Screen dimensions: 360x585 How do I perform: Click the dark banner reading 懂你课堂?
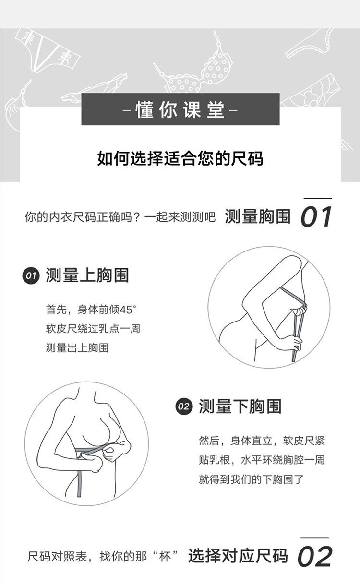tap(180, 109)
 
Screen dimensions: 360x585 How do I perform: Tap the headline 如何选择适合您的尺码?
tap(180, 158)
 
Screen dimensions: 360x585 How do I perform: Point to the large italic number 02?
tap(314, 557)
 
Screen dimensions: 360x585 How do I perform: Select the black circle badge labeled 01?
tap(31, 275)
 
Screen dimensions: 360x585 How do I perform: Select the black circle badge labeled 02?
tap(184, 406)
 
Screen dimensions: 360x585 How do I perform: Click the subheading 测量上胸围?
tap(87, 275)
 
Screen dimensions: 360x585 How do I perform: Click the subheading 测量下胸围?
tap(240, 406)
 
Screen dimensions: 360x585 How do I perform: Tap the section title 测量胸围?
tap(258, 216)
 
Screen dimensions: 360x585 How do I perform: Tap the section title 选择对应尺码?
tap(238, 556)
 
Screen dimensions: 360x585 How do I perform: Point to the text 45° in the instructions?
tap(128, 310)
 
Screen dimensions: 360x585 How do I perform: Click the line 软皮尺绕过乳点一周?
tap(93, 329)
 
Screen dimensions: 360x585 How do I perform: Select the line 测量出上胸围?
tap(77, 348)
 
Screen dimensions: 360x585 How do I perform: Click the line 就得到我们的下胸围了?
tap(251, 479)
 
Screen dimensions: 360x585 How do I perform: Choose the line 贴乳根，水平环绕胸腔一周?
tap(262, 460)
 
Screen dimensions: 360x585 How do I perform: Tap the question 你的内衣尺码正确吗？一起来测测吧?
tap(120, 217)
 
